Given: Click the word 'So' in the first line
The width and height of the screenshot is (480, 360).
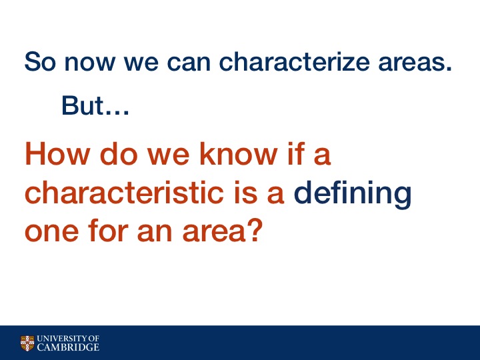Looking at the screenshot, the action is click(x=40, y=61).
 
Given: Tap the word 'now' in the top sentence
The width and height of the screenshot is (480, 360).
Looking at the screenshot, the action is click(x=89, y=64).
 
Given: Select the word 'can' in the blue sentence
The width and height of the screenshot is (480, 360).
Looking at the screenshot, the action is click(x=189, y=64).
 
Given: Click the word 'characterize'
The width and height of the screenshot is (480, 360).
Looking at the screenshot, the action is click(x=294, y=61).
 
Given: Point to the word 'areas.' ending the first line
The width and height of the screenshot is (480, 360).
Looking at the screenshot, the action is click(x=415, y=64).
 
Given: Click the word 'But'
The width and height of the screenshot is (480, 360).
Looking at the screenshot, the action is click(x=83, y=105).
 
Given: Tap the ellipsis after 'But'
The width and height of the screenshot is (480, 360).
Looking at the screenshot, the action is click(x=117, y=113).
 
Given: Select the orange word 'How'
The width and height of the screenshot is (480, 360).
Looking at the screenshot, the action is click(x=57, y=154).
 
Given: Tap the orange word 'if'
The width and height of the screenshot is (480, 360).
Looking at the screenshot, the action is click(x=296, y=154).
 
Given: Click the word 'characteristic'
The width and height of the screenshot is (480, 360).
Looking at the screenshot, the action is click(x=124, y=192).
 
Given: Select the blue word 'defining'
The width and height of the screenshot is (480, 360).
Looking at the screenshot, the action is click(x=353, y=195).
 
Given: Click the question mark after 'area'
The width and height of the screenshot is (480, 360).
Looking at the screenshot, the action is click(x=254, y=230).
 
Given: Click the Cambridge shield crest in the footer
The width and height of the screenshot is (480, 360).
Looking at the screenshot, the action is click(x=27, y=343).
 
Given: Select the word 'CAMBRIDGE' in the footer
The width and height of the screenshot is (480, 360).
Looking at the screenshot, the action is click(x=68, y=347).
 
